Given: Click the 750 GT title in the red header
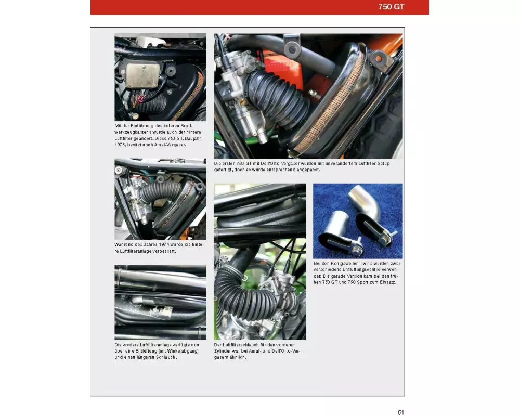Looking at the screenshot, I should (391, 7).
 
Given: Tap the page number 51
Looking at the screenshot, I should (401, 412).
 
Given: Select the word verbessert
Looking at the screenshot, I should (165, 251).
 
